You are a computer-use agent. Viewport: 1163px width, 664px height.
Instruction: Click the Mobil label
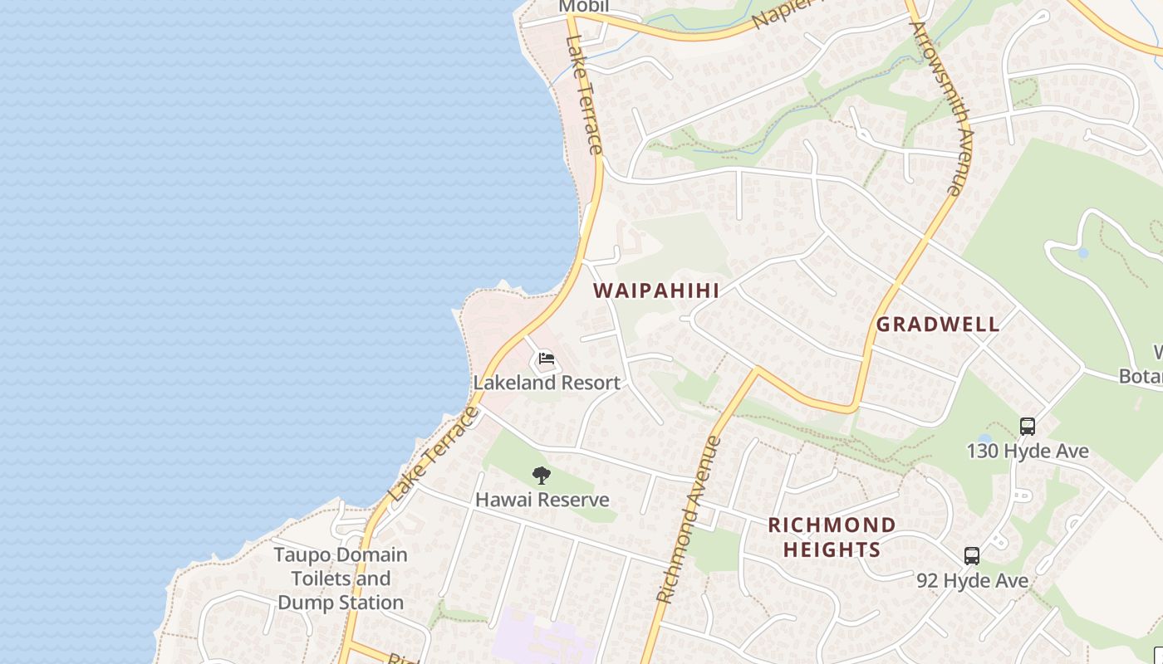tap(584, 7)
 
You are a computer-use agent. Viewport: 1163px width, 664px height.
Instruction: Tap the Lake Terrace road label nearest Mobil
tap(583, 95)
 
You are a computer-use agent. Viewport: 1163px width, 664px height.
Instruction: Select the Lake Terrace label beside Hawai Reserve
tap(434, 453)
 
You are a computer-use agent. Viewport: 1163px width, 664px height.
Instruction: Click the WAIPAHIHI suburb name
tap(656, 290)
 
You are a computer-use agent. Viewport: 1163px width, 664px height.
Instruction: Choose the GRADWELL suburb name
tap(938, 325)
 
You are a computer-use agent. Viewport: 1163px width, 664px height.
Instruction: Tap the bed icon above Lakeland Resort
tap(546, 359)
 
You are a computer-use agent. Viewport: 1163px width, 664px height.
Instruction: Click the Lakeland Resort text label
tap(547, 383)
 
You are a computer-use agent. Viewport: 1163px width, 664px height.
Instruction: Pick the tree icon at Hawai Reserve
tap(542, 476)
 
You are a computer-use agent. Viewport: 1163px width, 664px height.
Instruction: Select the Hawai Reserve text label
tap(542, 500)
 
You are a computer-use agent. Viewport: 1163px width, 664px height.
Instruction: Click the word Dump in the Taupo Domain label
tap(309, 603)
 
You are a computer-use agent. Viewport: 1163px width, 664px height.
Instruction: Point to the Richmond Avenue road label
tap(686, 520)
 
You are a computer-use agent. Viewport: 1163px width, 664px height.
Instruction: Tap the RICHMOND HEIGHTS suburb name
tap(831, 537)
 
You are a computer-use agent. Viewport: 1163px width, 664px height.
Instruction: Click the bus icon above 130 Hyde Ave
tap(1028, 427)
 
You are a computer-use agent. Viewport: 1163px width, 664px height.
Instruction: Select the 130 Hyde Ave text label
tap(1028, 452)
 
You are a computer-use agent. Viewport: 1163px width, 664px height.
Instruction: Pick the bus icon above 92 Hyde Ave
tap(972, 556)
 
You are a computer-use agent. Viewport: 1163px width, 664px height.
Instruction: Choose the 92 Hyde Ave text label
tap(972, 581)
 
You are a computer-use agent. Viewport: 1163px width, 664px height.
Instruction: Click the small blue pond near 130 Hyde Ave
tap(985, 439)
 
